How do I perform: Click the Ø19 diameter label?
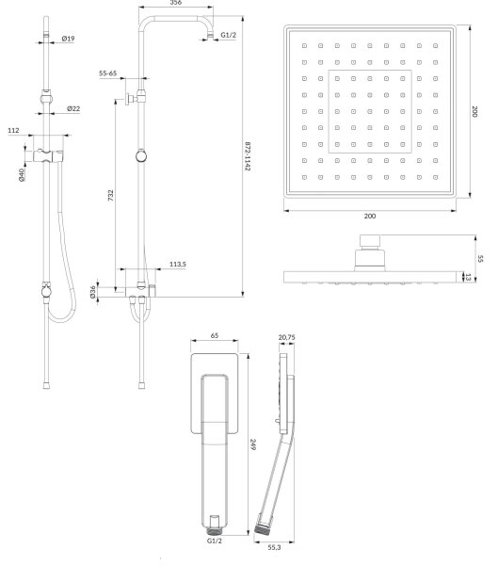coord(68,39)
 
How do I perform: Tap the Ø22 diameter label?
coord(73,108)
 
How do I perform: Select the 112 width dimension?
coord(13,131)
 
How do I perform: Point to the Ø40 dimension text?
coord(22,175)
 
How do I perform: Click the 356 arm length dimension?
coord(175,3)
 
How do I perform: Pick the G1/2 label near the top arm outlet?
coord(229,35)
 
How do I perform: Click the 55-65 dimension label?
coord(107,73)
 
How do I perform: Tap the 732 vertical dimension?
coord(111,195)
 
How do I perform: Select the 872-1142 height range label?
coord(248,156)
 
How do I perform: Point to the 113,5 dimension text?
coord(178,264)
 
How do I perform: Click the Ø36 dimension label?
coord(93,292)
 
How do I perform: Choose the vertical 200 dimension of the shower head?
coord(474,111)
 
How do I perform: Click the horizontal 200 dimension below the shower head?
coord(370,216)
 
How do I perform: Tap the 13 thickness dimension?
coord(468,277)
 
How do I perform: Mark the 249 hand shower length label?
coord(253,444)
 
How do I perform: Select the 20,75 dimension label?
coord(286,337)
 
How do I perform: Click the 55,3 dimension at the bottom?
coord(274,547)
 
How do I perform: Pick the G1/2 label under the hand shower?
coord(215,541)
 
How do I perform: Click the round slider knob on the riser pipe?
coord(141,156)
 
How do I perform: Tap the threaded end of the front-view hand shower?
coord(215,531)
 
